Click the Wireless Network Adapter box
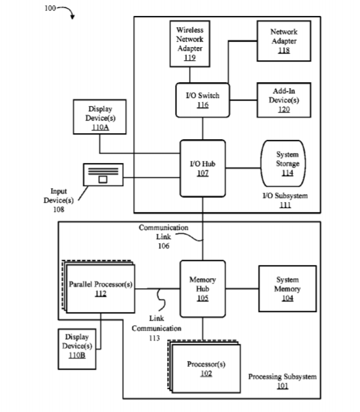tap(190, 44)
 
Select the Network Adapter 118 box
tap(284, 41)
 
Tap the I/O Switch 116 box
tap(202, 100)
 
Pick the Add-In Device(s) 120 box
tap(284, 100)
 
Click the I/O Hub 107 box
tap(202, 168)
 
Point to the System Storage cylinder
tap(283, 164)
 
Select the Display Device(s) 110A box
tap(99, 117)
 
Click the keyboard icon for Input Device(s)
tap(103, 175)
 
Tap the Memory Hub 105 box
tap(202, 289)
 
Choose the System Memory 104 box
tap(288, 289)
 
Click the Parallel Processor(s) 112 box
tap(101, 289)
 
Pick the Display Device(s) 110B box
tap(77, 349)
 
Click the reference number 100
tap(50, 8)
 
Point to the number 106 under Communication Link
tap(164, 246)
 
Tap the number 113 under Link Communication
tap(154, 338)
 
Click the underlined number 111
tap(285, 205)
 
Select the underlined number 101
tap(282, 386)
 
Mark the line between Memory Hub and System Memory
tap(242, 289)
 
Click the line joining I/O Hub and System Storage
tap(243, 168)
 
